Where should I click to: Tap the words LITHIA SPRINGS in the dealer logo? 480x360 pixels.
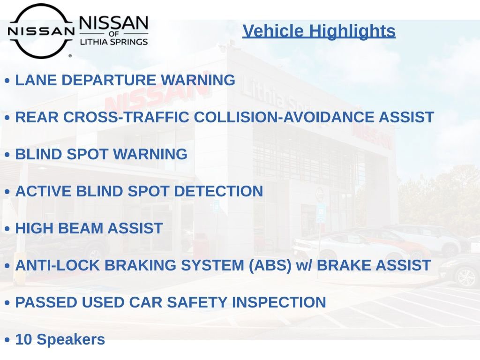[114, 42]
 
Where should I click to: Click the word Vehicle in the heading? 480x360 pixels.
[273, 31]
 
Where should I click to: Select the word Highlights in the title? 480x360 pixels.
[352, 31]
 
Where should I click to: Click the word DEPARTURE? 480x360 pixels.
[109, 80]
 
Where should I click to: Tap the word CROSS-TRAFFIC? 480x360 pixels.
[126, 117]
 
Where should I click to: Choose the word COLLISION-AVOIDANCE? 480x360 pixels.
[284, 117]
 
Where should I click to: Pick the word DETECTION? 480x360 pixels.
[218, 191]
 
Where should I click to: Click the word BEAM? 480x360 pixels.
[81, 228]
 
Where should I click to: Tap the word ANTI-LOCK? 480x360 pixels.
[58, 265]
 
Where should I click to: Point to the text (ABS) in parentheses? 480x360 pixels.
[270, 266]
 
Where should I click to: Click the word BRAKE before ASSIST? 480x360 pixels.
[345, 265]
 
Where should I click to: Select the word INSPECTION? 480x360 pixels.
[279, 302]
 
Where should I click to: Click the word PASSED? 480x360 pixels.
[46, 302]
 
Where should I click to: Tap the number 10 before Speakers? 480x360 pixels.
[23, 339]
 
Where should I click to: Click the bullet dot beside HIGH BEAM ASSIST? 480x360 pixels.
[7, 229]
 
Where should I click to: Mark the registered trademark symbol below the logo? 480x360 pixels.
[70, 56]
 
